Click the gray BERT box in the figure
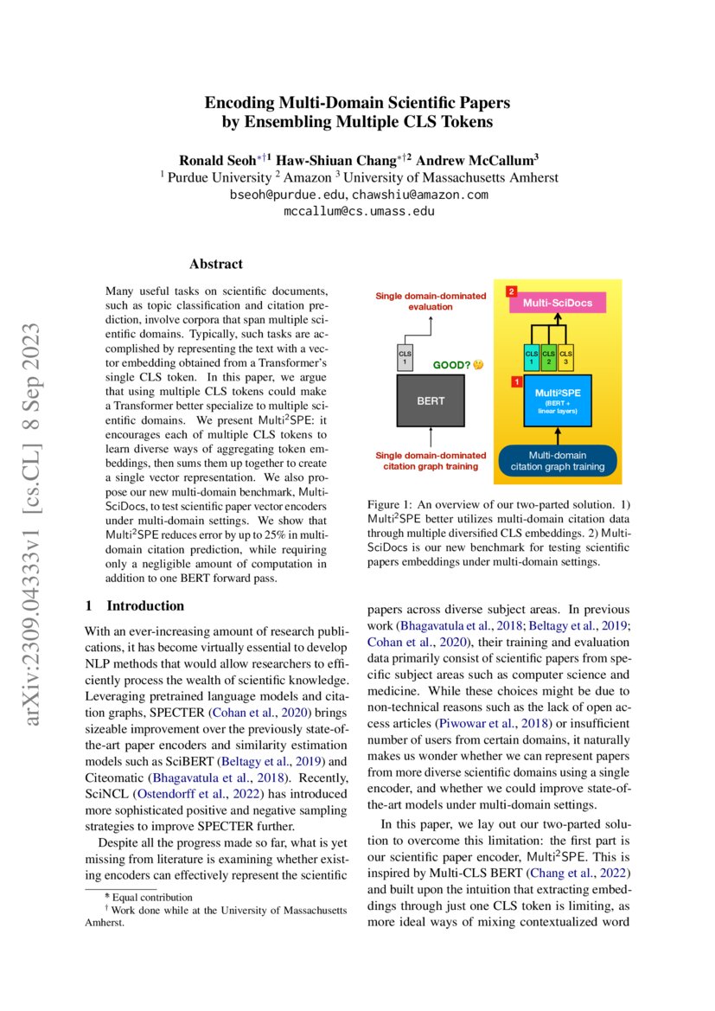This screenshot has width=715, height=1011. click(431, 400)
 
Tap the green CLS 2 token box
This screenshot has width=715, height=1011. click(548, 357)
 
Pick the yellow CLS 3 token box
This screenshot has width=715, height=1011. click(565, 357)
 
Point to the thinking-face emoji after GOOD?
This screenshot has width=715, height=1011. click(478, 364)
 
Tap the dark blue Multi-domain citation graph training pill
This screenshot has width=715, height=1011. click(558, 461)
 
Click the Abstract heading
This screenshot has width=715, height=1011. click(215, 264)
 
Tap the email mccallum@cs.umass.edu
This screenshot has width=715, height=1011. click(358, 210)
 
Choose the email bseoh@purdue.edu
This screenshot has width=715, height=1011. click(286, 195)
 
